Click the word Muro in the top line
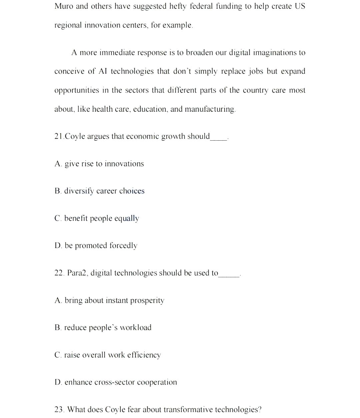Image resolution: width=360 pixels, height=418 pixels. (64, 6)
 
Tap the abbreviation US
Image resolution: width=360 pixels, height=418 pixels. (300, 6)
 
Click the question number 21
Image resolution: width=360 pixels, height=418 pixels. (59, 136)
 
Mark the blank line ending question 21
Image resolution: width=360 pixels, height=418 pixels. (219, 139)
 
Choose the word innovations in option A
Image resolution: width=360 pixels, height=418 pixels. (124, 164)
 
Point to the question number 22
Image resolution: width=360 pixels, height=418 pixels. (59, 273)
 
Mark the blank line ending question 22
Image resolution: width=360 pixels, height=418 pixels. (229, 275)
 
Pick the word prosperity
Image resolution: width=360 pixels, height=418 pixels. (147, 301)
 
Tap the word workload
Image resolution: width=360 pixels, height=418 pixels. (135, 328)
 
